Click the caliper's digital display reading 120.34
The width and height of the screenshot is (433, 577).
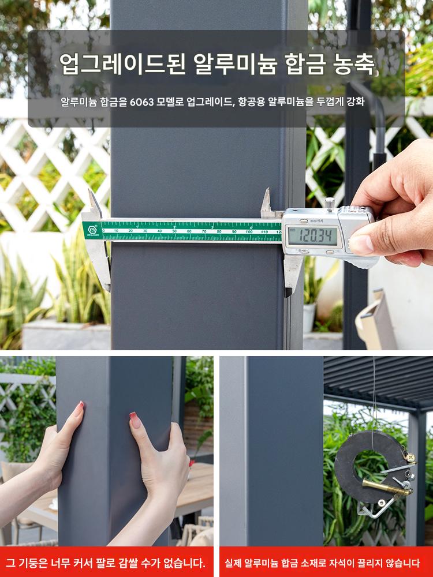[x=312, y=236]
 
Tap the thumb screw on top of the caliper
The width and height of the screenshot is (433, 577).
[x=330, y=203]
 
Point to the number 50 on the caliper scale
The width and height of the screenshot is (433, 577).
[x=174, y=231]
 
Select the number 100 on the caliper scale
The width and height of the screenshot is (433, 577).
[x=249, y=232]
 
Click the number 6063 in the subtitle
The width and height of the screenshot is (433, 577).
[x=142, y=102]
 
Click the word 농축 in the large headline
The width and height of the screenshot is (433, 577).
[x=353, y=64]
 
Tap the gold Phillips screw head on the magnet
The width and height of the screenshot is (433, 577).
[x=409, y=458]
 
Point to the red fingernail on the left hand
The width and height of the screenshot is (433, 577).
[x=79, y=409]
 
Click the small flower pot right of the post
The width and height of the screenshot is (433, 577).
[x=309, y=317]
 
